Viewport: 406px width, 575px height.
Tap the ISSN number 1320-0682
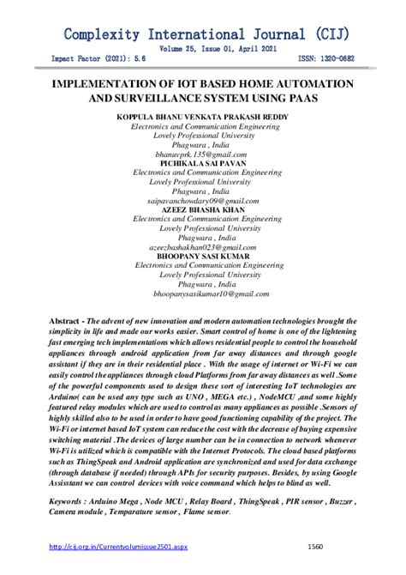(341, 59)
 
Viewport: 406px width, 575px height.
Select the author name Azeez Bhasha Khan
(203, 209)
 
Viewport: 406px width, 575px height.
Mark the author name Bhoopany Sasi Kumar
(203, 255)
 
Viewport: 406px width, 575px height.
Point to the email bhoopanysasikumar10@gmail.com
(203, 293)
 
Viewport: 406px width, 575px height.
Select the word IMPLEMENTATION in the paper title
(106, 87)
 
